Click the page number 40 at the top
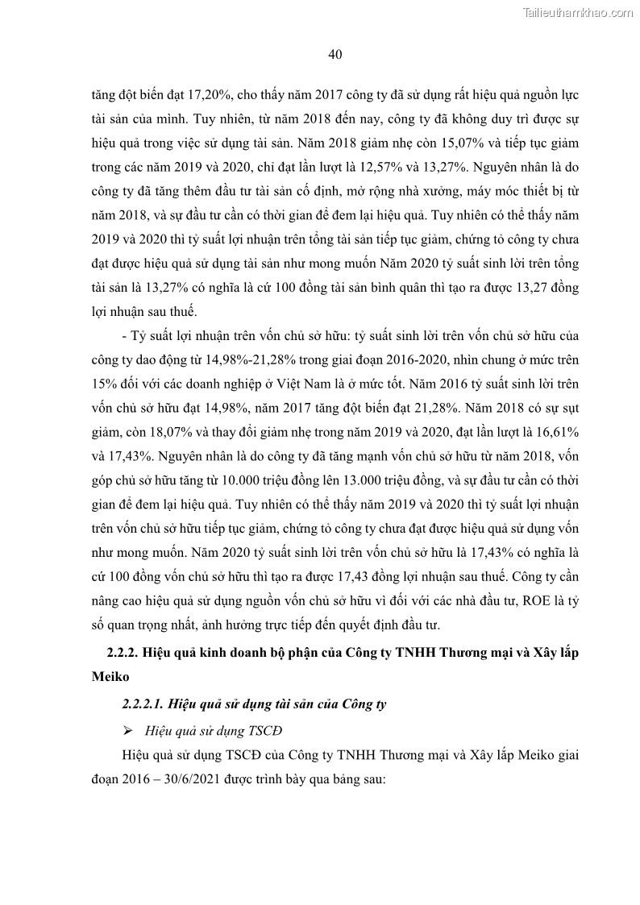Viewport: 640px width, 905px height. [x=336, y=54]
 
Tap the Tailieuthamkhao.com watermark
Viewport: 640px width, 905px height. [x=578, y=12]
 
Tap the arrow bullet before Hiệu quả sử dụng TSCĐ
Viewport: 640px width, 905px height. [x=127, y=731]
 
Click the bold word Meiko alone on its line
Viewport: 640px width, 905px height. [x=110, y=679]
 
